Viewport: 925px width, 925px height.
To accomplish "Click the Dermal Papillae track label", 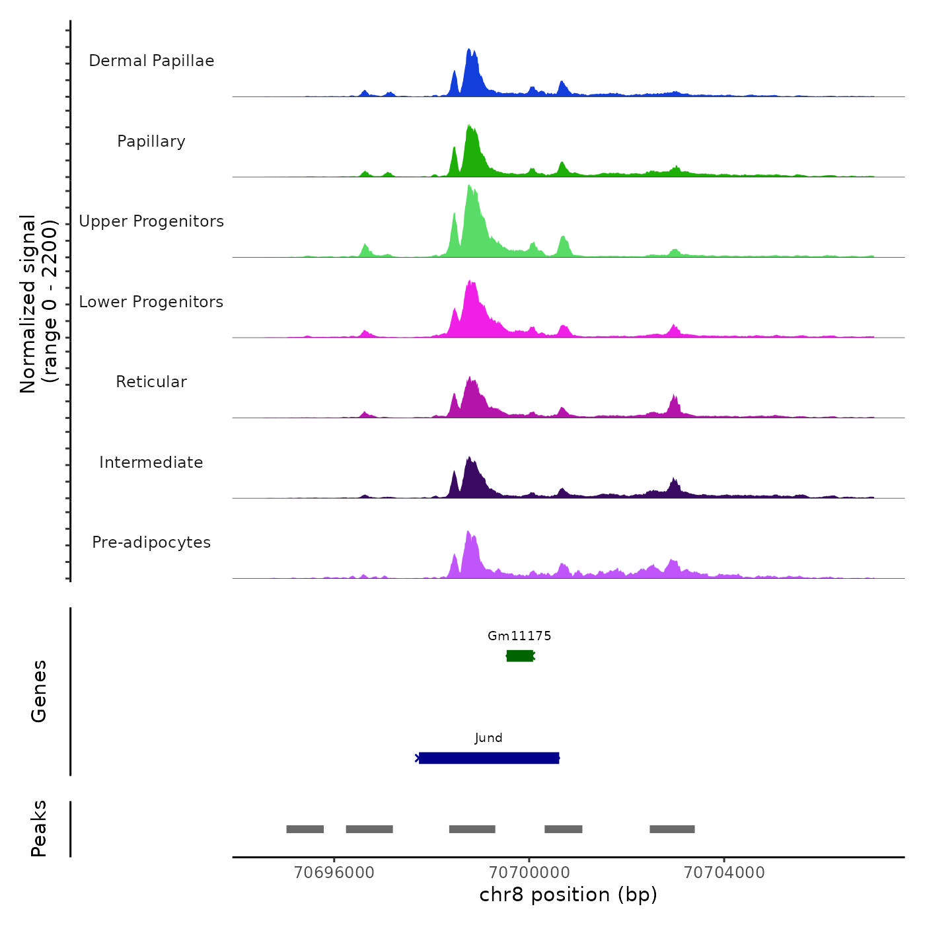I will [x=151, y=61].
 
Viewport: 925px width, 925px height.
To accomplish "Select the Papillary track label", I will [x=151, y=141].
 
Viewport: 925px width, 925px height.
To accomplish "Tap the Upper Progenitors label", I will [x=151, y=221].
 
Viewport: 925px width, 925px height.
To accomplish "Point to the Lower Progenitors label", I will [x=151, y=302].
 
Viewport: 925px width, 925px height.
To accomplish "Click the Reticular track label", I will [x=151, y=382].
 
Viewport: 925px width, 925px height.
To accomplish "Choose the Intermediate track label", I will [x=151, y=462].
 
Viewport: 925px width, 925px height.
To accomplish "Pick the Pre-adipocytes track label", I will [x=151, y=542].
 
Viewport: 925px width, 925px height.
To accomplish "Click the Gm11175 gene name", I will [x=519, y=636].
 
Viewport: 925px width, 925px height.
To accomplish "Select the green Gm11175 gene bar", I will [x=520, y=655].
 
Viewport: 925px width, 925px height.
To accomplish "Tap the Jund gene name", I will [x=488, y=737].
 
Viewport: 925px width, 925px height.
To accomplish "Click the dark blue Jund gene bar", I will [x=489, y=758].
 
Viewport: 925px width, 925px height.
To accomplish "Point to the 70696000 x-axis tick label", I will [x=334, y=872].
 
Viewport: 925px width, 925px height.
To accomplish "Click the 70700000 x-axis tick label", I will [x=529, y=872].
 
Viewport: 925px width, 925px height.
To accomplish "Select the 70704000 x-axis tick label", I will [x=724, y=872].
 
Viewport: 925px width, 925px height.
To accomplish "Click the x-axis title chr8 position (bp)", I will [x=568, y=895].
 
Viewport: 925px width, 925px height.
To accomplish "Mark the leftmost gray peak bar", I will [x=305, y=829].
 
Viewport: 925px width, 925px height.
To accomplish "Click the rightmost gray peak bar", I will [x=672, y=829].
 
